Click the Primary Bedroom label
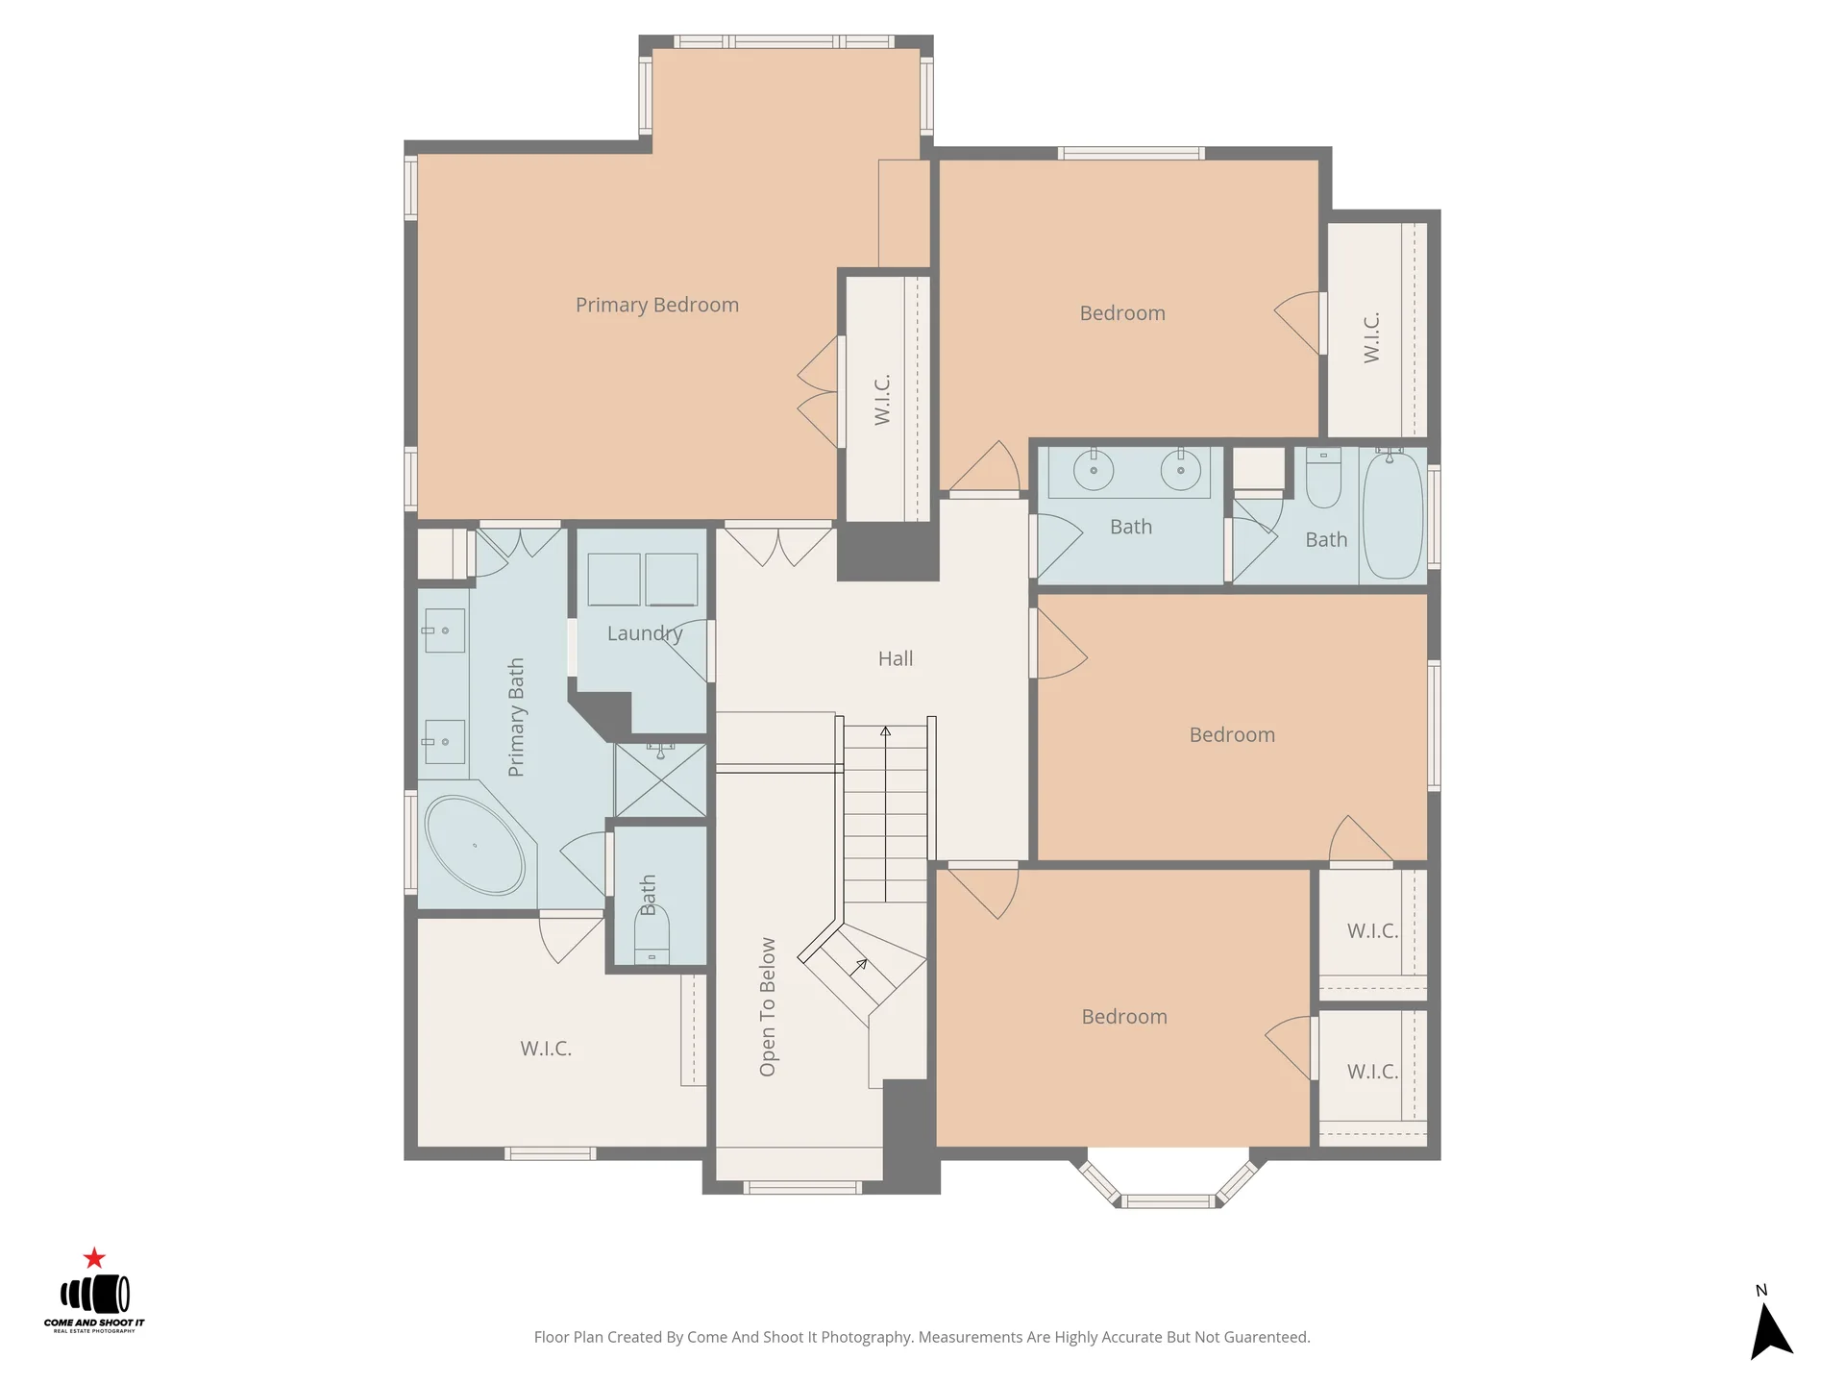click(657, 305)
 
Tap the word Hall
click(896, 658)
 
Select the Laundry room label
click(645, 633)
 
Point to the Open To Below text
click(767, 1006)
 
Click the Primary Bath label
click(516, 717)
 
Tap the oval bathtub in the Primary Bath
click(475, 845)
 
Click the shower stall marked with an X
click(660, 779)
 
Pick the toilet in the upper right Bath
click(1323, 478)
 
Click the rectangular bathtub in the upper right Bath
click(1392, 514)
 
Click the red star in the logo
click(94, 1257)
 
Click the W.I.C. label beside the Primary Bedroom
click(882, 399)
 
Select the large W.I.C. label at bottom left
click(546, 1049)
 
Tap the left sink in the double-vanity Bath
click(1094, 470)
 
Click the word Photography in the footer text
click(866, 1337)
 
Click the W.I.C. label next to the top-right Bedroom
click(1371, 337)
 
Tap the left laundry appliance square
click(614, 580)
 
